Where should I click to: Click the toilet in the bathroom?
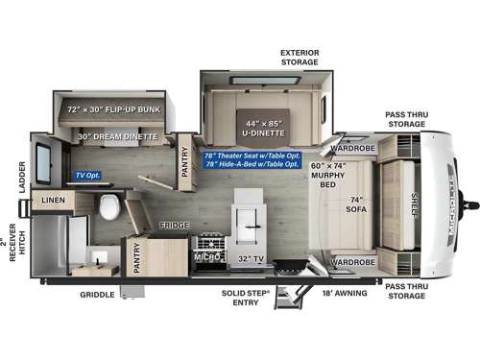tap(108, 205)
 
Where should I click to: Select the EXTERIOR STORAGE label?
tap(299, 57)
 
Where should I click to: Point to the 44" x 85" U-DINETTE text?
tap(263, 125)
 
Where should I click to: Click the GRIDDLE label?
tap(98, 296)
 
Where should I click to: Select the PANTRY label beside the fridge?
tap(137, 257)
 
